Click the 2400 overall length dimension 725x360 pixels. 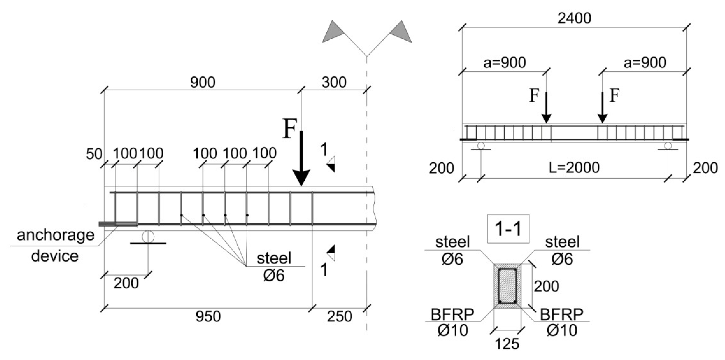tap(574, 18)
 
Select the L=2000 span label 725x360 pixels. tap(574, 168)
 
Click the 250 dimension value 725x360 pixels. tap(339, 316)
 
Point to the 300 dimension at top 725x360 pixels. tap(334, 82)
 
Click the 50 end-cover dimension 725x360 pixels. tap(94, 154)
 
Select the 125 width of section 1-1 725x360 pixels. tap(507, 344)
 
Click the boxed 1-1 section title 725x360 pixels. tap(508, 229)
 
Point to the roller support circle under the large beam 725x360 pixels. tap(148, 236)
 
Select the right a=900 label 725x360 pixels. tap(645, 63)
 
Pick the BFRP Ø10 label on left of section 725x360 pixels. tap(452, 322)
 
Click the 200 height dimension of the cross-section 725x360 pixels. tap(546, 286)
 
